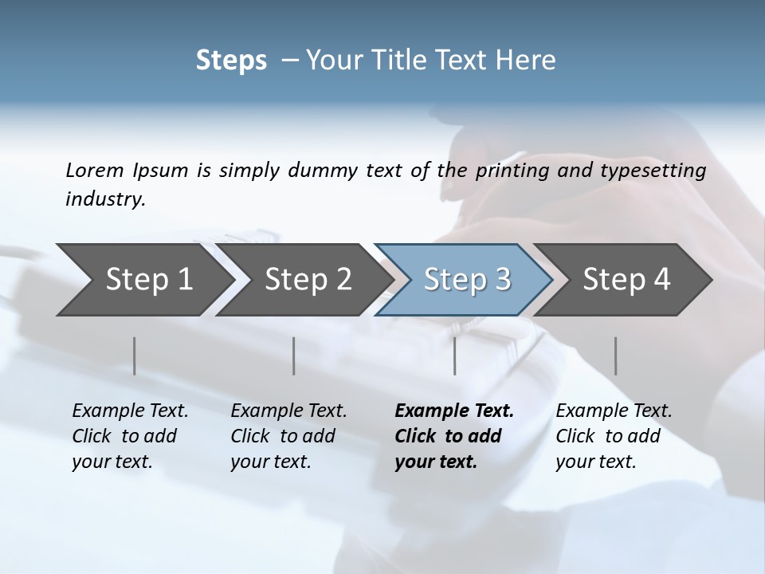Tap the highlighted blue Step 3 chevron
coord(466,280)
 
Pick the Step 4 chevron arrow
coord(626,280)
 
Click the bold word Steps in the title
coord(231,61)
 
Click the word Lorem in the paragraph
coord(95,171)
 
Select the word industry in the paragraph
coord(105,199)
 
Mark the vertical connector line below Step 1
coord(134,356)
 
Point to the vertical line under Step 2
coord(294,356)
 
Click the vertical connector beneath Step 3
coord(454,356)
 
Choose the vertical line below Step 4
coord(615,356)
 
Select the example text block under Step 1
coord(130,436)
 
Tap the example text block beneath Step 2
coord(288,436)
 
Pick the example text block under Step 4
coord(614,436)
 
